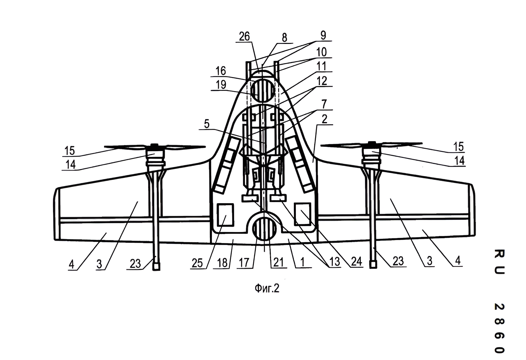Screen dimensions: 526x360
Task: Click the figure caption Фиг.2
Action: click(267, 288)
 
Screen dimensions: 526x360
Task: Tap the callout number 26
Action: click(244, 37)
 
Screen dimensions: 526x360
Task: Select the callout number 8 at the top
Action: click(284, 38)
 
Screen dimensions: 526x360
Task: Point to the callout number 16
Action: click(221, 71)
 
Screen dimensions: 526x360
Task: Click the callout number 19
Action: click(221, 85)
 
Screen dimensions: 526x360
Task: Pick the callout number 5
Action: click(207, 124)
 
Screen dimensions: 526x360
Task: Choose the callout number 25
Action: click(197, 263)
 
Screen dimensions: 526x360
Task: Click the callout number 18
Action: click(222, 263)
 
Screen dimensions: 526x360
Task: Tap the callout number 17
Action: click(244, 263)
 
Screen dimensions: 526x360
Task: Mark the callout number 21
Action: click(278, 262)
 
